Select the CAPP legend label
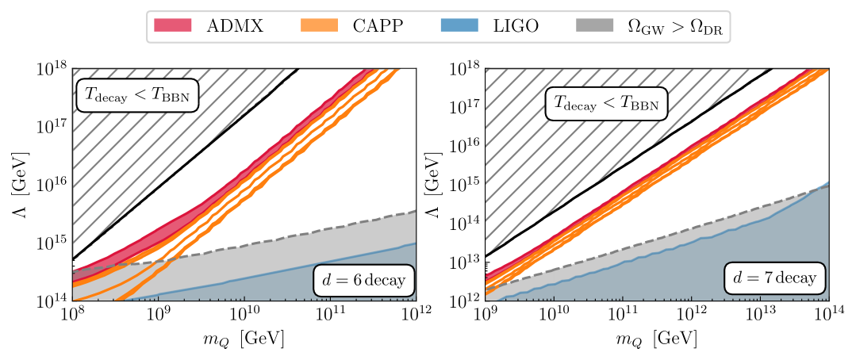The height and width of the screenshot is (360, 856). pos(378,26)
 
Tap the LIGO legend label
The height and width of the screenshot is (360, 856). pos(516,26)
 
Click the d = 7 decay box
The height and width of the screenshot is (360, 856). pos(774,280)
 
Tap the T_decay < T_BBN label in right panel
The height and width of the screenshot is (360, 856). pos(605,105)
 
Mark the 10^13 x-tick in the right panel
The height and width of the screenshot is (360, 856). pos(759,317)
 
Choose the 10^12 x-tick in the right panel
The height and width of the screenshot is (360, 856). pos(690,317)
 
